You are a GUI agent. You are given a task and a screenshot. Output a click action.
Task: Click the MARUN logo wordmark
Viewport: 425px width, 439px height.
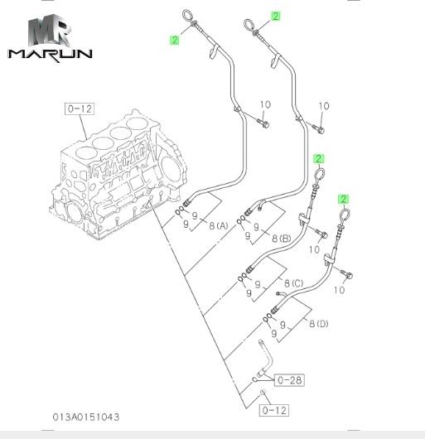50,55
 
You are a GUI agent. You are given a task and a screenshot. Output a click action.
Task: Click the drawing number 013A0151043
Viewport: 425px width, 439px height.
86,417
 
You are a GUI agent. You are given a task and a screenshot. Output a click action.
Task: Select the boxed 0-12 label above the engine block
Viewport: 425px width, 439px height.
80,109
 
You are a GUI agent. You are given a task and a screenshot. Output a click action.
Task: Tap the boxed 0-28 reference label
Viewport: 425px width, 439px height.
289,380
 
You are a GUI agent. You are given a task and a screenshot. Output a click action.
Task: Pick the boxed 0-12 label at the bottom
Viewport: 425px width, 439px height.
274,411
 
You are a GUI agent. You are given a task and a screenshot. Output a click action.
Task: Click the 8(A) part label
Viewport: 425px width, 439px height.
219,225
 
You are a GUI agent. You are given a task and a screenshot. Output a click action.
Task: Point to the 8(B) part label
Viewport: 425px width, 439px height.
282,239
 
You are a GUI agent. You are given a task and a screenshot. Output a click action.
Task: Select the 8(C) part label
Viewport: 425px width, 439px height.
294,283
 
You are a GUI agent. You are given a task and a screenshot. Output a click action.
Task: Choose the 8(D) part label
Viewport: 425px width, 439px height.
319,324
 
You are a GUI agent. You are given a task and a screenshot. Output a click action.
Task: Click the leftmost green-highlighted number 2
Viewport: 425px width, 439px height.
175,40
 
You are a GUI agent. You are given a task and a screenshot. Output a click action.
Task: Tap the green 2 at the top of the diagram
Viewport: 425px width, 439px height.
276,17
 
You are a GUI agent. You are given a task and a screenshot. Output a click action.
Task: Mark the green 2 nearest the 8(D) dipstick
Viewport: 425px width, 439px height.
343,199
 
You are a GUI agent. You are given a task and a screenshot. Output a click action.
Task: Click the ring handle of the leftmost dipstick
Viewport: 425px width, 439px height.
187,16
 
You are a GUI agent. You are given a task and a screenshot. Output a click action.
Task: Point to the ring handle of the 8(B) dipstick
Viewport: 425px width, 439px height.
249,25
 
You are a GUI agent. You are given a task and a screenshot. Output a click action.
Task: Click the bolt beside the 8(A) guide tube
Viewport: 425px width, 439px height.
263,123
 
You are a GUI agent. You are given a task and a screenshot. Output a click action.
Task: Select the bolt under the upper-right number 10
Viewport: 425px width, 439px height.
319,129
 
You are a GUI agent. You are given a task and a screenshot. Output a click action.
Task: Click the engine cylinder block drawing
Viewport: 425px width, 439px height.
118,174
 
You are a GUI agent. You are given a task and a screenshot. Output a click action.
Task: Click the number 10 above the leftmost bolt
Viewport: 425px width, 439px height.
265,105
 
